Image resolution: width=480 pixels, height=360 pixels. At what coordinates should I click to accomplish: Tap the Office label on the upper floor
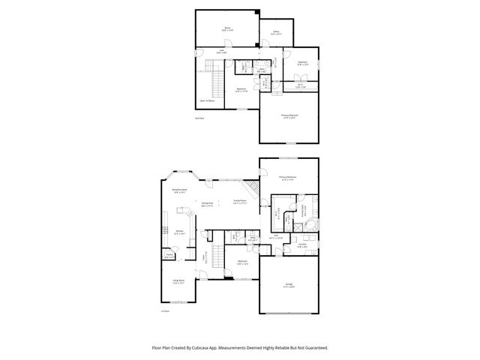(276, 31)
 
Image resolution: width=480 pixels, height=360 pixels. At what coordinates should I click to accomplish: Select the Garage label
(289, 285)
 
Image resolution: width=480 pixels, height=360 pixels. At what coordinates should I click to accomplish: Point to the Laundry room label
(301, 244)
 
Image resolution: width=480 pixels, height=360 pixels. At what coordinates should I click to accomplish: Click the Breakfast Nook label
(180, 191)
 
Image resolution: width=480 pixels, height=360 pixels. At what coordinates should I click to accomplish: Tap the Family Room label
(240, 202)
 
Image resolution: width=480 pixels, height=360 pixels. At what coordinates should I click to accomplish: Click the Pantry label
(170, 255)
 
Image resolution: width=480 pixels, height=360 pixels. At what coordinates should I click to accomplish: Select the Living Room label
(178, 283)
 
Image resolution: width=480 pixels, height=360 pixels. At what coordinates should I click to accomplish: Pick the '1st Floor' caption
(165, 310)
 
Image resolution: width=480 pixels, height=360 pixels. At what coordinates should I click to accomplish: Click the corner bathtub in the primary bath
(315, 227)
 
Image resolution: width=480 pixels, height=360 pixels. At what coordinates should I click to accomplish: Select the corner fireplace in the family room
(255, 187)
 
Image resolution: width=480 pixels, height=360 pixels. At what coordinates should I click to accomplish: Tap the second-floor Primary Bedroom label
(289, 115)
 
